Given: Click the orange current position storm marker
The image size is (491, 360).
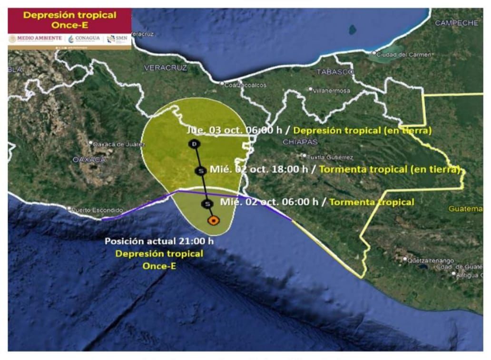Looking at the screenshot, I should tap(214, 220).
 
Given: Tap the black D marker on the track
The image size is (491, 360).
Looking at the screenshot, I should tap(194, 144).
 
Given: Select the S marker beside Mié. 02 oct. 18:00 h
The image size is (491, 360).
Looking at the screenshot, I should tap(200, 170).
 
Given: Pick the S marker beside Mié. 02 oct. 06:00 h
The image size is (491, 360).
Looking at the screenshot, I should tap(207, 204).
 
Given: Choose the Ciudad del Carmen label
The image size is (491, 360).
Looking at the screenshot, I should tap(403, 55).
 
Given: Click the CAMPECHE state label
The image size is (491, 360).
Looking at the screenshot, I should tap(456, 23).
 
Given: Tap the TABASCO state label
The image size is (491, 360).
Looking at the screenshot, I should tap(335, 72).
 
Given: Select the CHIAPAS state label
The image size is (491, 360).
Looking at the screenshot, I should tap(300, 142).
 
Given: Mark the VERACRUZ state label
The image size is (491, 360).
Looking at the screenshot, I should tap(166, 68).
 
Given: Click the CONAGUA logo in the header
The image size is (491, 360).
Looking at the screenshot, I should tap(84, 38).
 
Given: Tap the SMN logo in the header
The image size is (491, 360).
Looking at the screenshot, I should tap(117, 38).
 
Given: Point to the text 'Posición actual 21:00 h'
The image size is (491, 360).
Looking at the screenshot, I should tap(159, 241).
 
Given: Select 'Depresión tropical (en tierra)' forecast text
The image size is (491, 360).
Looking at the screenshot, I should tap(363, 130).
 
